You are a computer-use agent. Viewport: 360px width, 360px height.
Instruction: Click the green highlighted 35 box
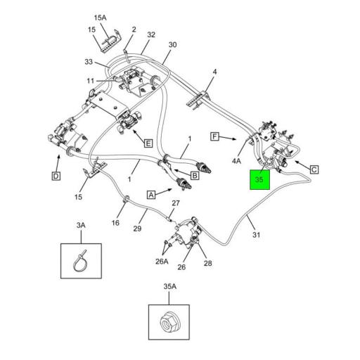click(259, 180)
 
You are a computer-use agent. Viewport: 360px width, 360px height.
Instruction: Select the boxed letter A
click(150, 193)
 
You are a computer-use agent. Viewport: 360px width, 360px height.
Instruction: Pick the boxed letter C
click(314, 169)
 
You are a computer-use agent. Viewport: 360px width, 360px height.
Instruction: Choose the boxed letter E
click(148, 143)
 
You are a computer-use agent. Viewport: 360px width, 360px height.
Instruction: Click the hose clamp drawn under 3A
click(80, 262)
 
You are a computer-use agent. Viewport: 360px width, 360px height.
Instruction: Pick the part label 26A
click(162, 262)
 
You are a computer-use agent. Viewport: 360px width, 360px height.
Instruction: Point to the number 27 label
click(176, 203)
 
